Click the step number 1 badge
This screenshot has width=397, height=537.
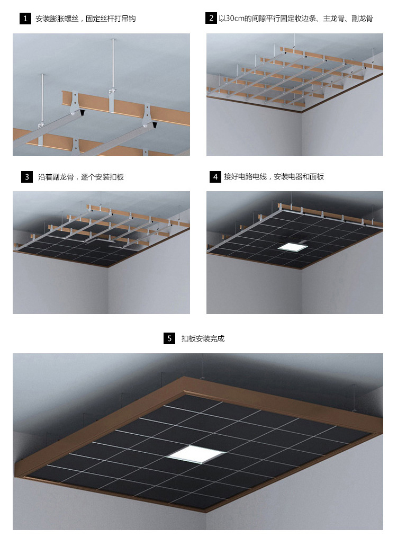coord(25,19)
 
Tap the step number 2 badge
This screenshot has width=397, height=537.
coord(211,18)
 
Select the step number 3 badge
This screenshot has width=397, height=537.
coord(27,177)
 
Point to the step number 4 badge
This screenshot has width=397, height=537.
coord(215,177)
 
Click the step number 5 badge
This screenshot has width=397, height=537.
coord(169,338)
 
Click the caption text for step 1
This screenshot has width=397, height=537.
coord(86,19)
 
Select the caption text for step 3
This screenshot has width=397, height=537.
coord(81,177)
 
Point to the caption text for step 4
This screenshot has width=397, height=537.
coord(274,177)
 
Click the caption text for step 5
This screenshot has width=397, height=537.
coord(203,339)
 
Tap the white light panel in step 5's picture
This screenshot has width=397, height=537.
coord(195,454)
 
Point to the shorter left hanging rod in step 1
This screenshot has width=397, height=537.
coord(42,98)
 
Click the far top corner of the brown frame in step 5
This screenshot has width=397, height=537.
coord(185,378)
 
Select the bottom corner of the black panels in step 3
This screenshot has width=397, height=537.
coord(109,265)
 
